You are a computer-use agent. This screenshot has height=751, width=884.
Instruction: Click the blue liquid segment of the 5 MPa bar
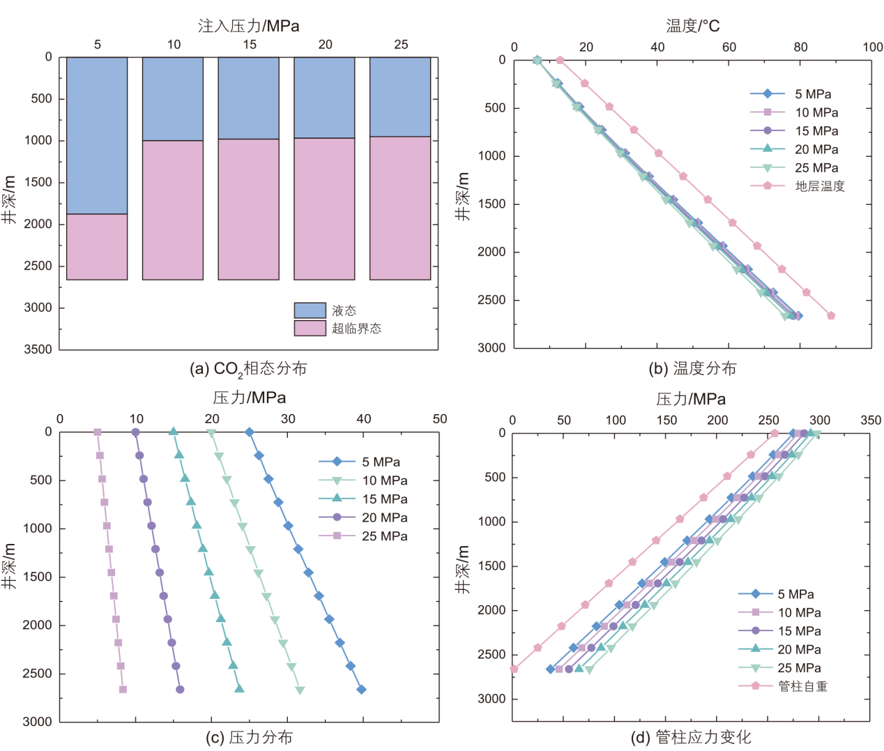pyautogui.click(x=97, y=135)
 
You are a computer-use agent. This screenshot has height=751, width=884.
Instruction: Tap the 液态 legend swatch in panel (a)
pyautogui.click(x=310, y=310)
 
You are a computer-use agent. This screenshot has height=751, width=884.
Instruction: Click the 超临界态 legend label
pyautogui.click(x=356, y=328)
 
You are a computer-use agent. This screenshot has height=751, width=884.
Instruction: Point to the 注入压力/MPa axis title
pyautogui.click(x=248, y=26)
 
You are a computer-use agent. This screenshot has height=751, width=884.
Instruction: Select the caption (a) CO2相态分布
pyautogui.click(x=248, y=369)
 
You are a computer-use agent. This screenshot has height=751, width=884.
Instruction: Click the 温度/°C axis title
pyautogui.click(x=692, y=26)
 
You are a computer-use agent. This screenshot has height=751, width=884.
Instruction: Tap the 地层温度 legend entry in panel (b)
pyautogui.click(x=820, y=186)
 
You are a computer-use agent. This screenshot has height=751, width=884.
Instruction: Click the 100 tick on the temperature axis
pyautogui.click(x=872, y=47)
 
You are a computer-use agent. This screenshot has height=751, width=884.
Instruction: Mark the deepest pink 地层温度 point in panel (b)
pyautogui.click(x=831, y=316)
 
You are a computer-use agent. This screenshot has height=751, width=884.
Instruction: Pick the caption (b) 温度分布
pyautogui.click(x=692, y=369)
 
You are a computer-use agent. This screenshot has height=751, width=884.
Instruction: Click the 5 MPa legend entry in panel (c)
pyautogui.click(x=381, y=462)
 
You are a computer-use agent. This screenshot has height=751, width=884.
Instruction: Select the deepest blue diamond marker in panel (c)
pyautogui.click(x=361, y=690)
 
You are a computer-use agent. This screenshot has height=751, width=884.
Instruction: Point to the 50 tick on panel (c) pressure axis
pyautogui.click(x=439, y=419)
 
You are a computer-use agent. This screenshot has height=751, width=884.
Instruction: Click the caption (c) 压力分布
pyautogui.click(x=249, y=737)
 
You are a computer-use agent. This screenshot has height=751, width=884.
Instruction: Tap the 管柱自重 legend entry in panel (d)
pyautogui.click(x=802, y=686)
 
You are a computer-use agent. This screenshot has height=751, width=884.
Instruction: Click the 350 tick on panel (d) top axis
pyautogui.click(x=871, y=420)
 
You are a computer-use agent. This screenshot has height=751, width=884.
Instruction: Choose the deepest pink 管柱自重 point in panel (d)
pyautogui.click(x=514, y=669)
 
